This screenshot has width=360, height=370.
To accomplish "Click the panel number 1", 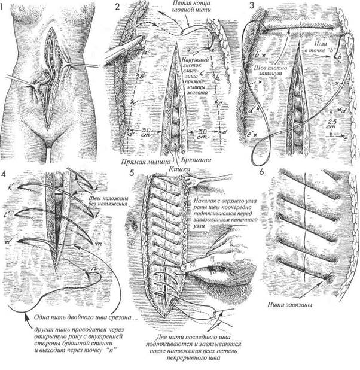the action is click(5, 8).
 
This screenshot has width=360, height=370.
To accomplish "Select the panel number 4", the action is click(5, 175).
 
